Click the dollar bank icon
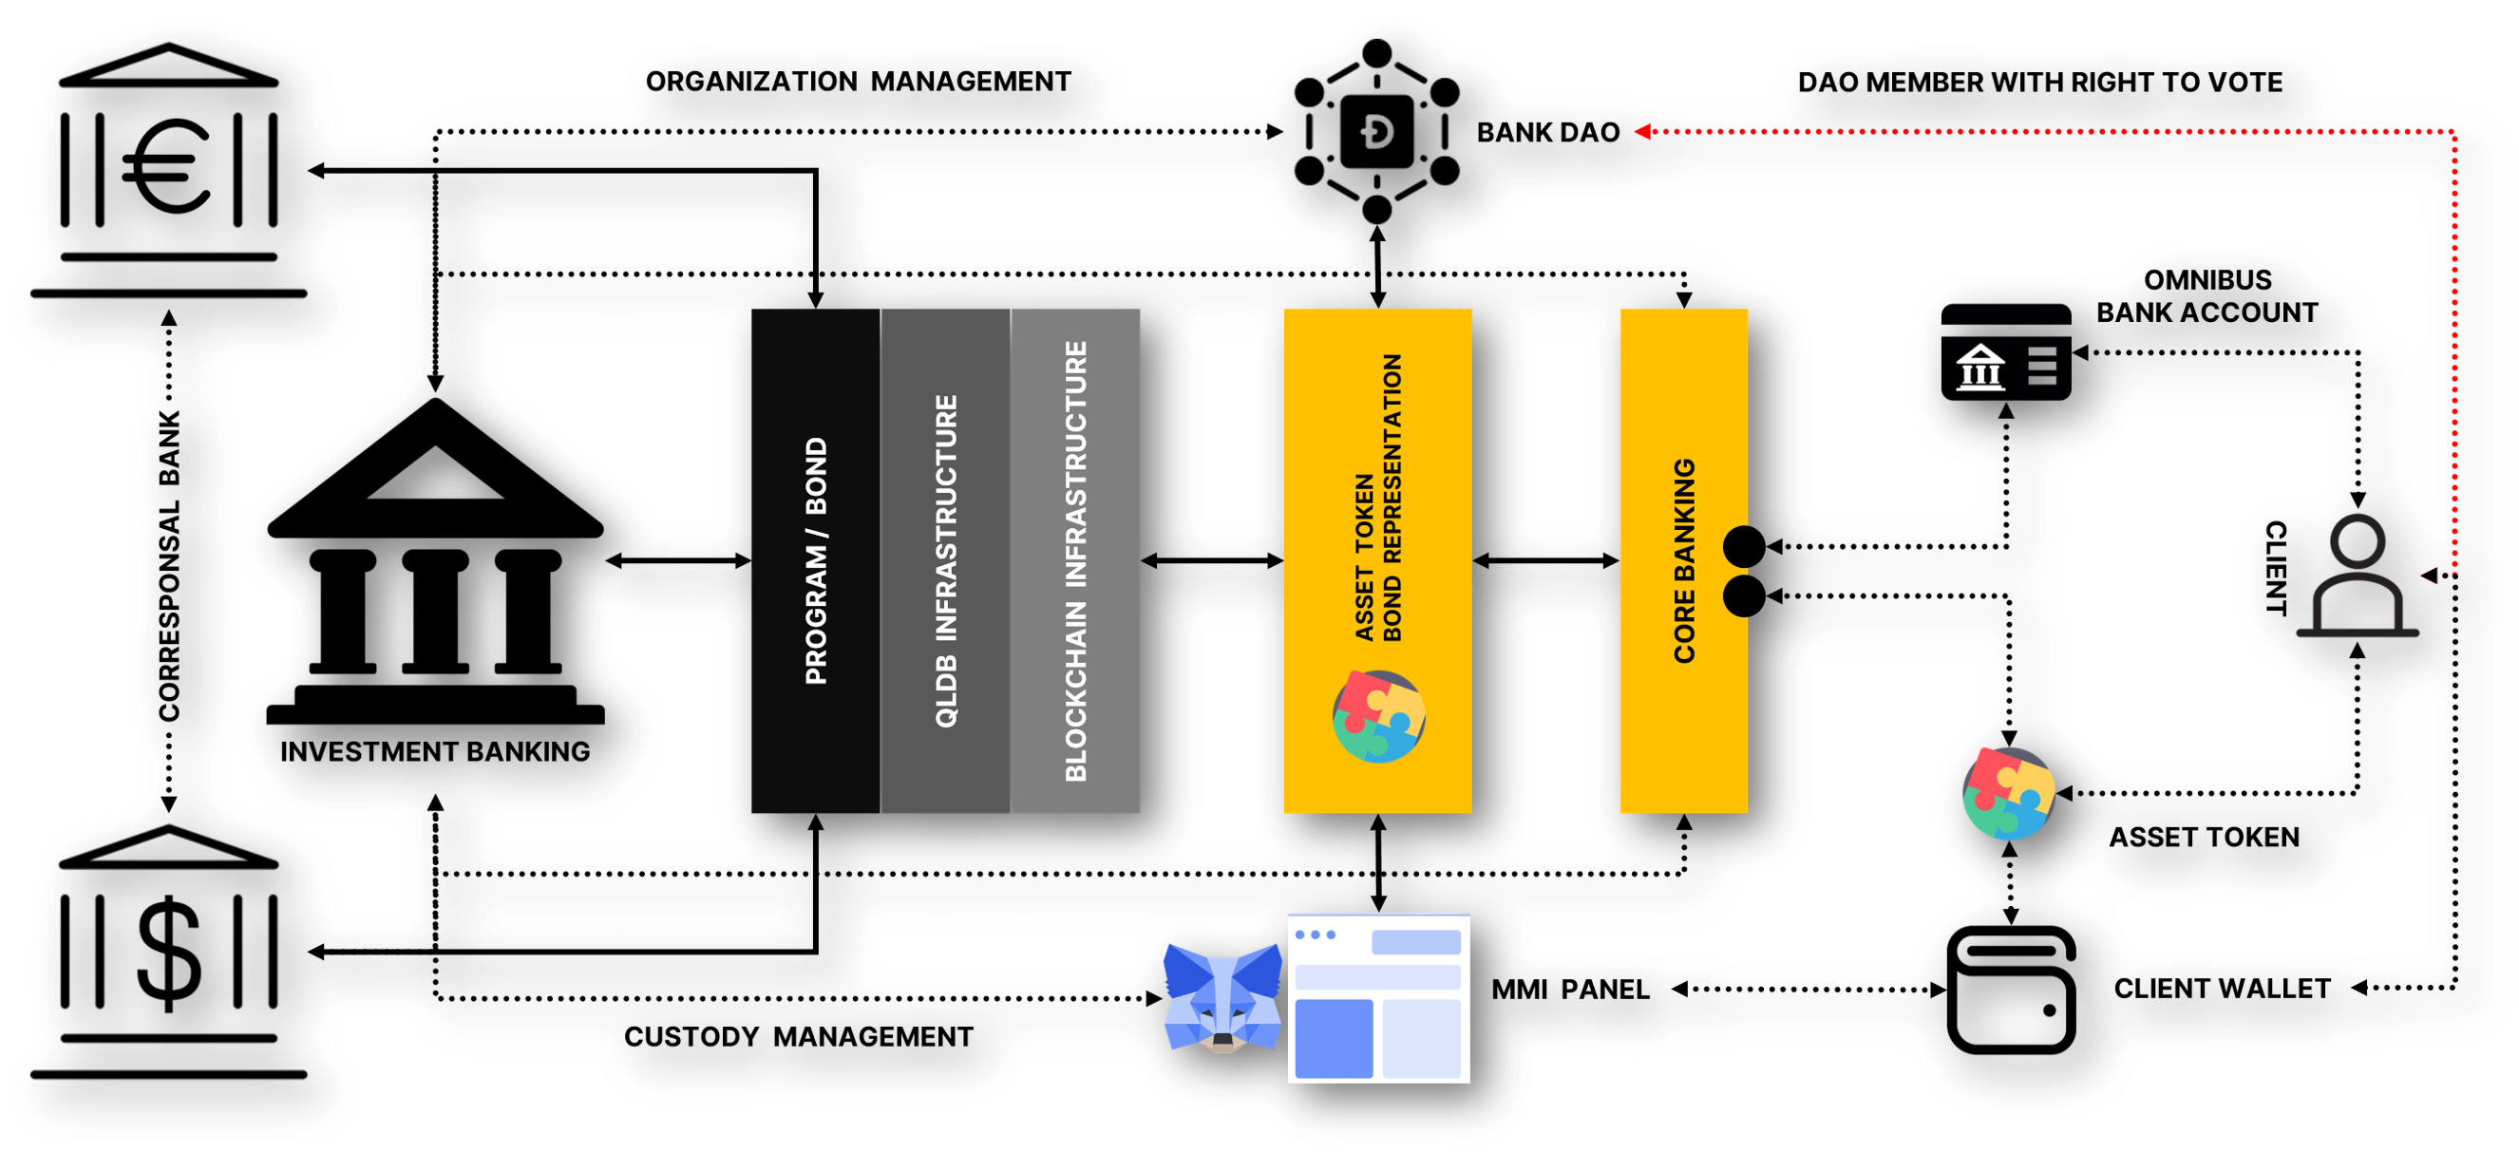pyautogui.click(x=168, y=954)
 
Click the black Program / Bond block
pyautogui.click(x=816, y=560)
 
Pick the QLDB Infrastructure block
pyautogui.click(x=946, y=560)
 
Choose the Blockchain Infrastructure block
pyautogui.click(x=1075, y=560)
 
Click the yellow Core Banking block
pyautogui.click(x=1684, y=560)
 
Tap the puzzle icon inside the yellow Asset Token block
pyautogui.click(x=1379, y=716)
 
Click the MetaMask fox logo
pyautogui.click(x=1222, y=997)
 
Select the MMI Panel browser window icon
pyautogui.click(x=1379, y=997)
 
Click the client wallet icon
pyautogui.click(x=2012, y=990)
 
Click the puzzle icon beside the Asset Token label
pyautogui.click(x=2009, y=793)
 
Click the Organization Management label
pyautogui.click(x=859, y=82)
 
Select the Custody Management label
pyautogui.click(x=799, y=1036)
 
